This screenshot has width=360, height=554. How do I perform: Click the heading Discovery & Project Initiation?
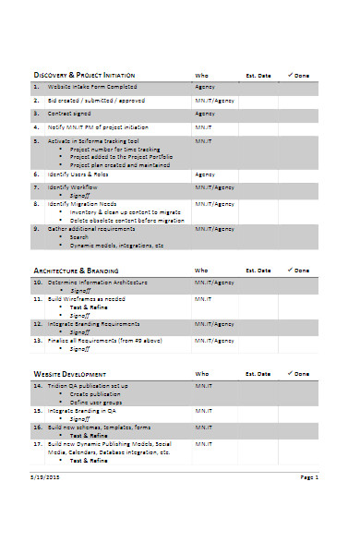click(84, 75)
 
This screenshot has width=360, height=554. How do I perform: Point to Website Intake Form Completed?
click(88, 86)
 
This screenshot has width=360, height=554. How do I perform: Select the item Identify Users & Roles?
click(78, 173)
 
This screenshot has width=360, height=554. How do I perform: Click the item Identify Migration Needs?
click(82, 203)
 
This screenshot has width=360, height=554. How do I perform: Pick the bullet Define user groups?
click(96, 402)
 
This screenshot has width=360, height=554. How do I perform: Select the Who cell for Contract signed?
click(205, 114)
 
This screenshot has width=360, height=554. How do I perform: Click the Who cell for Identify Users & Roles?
click(205, 173)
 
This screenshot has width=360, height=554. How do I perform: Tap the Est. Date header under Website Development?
click(258, 374)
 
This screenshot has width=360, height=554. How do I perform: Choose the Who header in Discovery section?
click(201, 76)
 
